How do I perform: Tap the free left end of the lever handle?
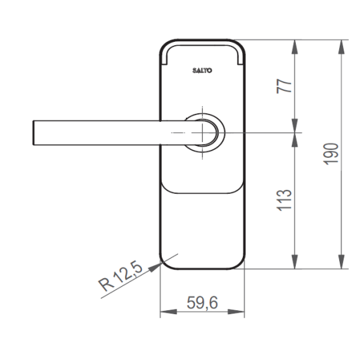(34, 133)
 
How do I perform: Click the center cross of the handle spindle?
(204, 133)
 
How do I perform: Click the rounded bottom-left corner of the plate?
(165, 264)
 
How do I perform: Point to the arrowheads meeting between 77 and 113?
(297, 133)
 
